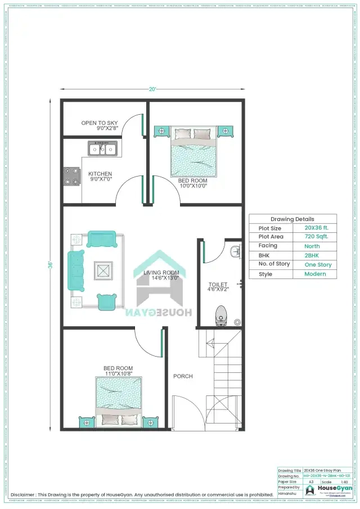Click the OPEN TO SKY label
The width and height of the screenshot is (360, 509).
99,123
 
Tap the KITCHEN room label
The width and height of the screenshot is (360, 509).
100,174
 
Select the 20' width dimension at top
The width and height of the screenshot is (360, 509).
152,89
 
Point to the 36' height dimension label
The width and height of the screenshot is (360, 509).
50,264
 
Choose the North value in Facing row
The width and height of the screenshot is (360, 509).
312,246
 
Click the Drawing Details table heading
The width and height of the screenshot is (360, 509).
292,219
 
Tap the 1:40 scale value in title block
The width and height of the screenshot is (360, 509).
342,482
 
